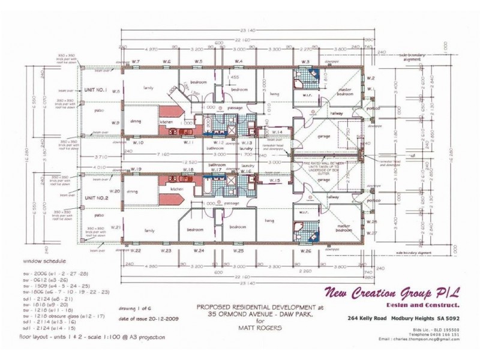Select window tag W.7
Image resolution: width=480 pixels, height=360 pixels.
click(136, 62)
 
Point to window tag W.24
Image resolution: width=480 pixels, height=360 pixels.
click(200, 250)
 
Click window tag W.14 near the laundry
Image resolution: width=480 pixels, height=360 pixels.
click(277, 131)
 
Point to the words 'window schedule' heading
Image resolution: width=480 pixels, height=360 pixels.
click(45, 262)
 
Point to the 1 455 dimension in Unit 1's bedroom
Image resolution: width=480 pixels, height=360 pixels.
click(235, 77)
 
